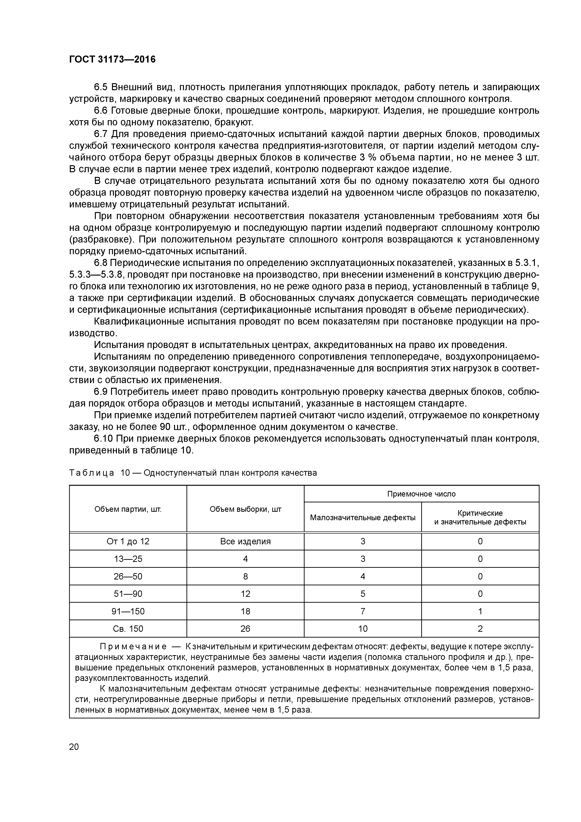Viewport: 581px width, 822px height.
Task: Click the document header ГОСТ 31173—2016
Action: [x=112, y=60]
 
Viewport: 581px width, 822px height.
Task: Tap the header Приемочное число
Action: [x=421, y=494]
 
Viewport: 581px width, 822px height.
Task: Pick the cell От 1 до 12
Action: [x=128, y=541]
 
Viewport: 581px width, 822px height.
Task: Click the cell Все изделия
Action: [x=245, y=541]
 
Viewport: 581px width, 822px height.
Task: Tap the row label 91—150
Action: [x=128, y=611]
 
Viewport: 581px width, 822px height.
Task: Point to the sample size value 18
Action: [x=245, y=611]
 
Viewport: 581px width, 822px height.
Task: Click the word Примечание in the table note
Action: [x=133, y=646]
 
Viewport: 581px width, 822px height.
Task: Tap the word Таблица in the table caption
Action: [x=91, y=473]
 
